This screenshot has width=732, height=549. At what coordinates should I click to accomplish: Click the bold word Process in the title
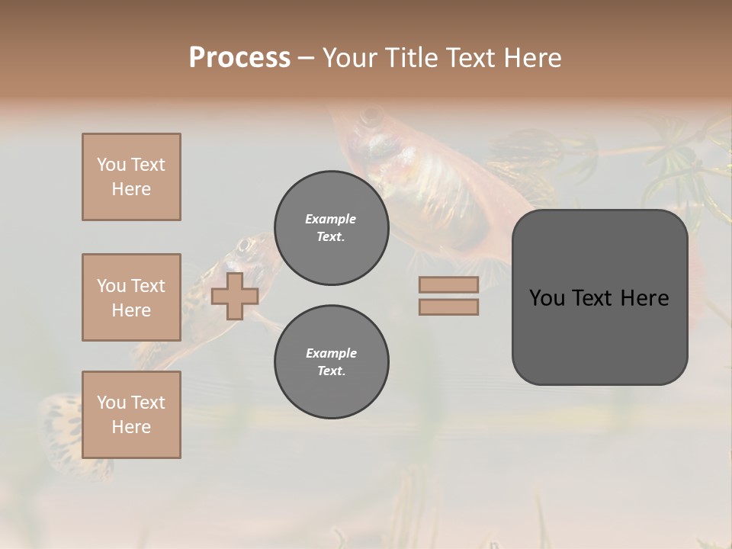239,57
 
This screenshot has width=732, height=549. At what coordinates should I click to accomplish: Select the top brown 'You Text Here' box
131,177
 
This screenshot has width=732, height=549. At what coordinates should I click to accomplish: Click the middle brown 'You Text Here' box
131,297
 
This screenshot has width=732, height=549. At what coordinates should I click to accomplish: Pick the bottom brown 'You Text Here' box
131,415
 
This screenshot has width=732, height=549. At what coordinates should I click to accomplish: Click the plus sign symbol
234,296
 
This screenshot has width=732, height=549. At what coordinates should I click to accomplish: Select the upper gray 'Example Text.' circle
331,228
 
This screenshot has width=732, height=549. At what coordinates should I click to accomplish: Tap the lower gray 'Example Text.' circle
331,362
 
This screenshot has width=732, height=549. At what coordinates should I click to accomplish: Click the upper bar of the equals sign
448,284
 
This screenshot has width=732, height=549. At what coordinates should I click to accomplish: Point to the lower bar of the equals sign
448,307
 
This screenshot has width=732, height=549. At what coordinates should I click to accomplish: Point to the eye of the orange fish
372,117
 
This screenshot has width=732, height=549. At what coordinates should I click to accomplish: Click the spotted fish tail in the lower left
61,427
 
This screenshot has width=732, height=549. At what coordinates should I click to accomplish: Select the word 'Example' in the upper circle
331,219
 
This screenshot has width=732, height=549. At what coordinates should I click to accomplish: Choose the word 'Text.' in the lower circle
331,371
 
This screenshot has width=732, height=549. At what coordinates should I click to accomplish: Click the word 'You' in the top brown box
111,165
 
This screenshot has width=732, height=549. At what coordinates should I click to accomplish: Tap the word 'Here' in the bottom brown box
131,427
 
